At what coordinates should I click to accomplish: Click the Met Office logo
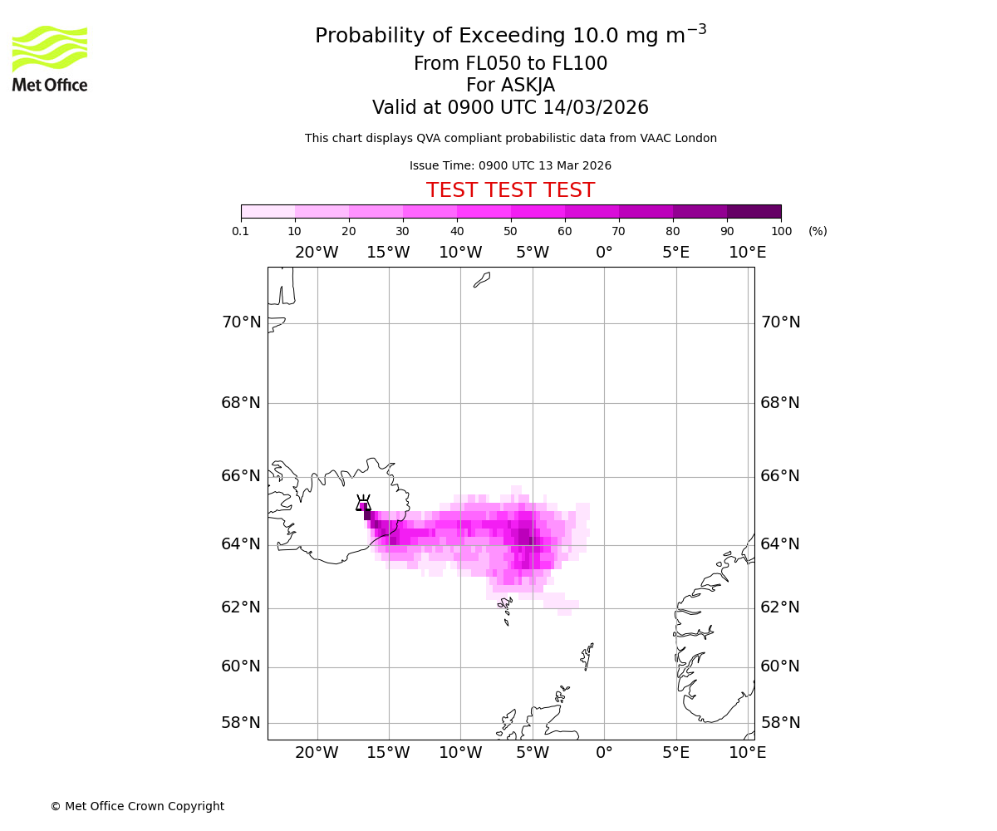[x=50, y=58]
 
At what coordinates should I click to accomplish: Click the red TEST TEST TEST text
[x=510, y=190]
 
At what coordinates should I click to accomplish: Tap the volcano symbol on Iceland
[x=363, y=502]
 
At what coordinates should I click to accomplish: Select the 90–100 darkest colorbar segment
[x=754, y=211]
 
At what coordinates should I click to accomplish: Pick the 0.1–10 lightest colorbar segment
[x=268, y=211]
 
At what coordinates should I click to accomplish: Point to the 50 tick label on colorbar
[x=510, y=231]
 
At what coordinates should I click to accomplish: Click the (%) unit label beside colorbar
[x=818, y=231]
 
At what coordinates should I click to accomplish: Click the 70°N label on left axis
[x=241, y=322]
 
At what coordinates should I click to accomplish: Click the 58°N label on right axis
[x=780, y=722]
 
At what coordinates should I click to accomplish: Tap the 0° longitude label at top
[x=604, y=253]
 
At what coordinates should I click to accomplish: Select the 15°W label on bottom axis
[x=388, y=753]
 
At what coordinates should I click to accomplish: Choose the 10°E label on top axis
[x=747, y=253]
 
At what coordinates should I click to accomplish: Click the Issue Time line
[x=510, y=166]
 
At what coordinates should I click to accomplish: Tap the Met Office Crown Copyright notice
[x=137, y=806]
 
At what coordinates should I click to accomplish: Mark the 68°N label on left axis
[x=241, y=403]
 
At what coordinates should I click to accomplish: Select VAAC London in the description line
[x=679, y=139]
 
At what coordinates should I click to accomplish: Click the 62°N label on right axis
[x=780, y=607]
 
